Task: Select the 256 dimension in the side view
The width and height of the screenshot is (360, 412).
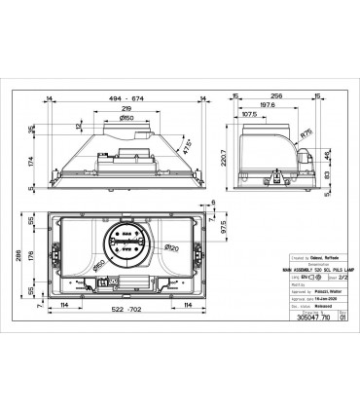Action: pos(277,98)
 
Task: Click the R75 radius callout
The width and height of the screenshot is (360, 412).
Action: pos(306,135)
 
